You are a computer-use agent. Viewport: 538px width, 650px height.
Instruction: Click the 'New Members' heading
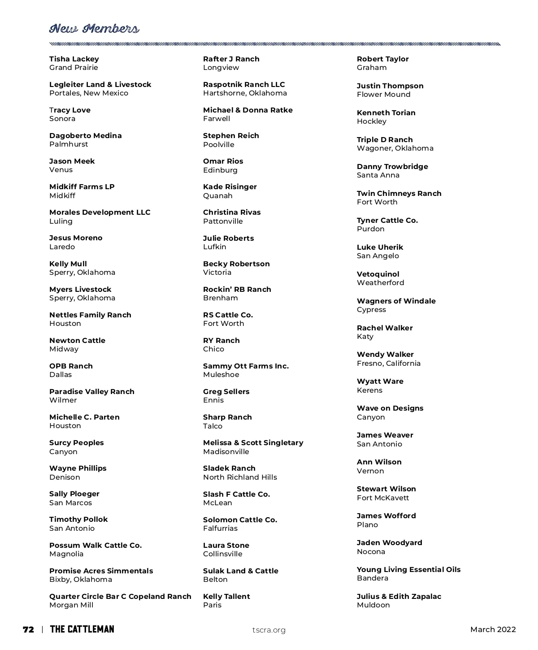pos(94,29)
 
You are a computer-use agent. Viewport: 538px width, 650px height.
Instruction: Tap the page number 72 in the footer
pos(28,629)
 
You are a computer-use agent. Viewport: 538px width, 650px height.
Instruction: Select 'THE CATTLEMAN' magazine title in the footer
pos(82,629)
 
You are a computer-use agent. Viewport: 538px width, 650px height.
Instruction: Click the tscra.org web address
pos(269,630)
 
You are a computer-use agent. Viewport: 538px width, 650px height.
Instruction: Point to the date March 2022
pos(493,629)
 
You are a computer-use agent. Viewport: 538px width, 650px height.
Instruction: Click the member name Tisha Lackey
pos(74,59)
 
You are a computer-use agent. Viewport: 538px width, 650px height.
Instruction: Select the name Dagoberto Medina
pos(85,136)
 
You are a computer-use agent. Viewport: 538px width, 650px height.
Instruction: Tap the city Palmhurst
pos(69,144)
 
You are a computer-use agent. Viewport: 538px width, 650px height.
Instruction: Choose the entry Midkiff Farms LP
pos(82,187)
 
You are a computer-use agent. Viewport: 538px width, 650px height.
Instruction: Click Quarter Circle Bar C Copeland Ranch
pos(120,597)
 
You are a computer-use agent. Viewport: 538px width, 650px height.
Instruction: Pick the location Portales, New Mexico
pos(89,93)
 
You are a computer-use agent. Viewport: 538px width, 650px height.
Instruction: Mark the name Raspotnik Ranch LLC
pos(244,85)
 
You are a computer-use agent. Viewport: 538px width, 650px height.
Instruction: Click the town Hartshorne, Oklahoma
pos(245,93)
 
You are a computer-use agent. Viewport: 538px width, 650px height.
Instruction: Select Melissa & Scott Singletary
pos(253,443)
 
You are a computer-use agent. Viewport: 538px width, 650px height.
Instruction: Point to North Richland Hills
pos(240,477)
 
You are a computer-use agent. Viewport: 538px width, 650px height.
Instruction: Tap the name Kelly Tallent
pos(226,597)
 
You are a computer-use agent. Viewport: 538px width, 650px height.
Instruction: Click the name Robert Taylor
pos(382,59)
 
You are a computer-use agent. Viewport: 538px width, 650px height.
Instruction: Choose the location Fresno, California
pos(389,364)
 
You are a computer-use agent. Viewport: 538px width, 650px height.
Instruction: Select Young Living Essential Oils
pos(408,570)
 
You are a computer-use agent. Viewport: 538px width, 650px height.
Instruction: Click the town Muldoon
pos(373,605)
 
